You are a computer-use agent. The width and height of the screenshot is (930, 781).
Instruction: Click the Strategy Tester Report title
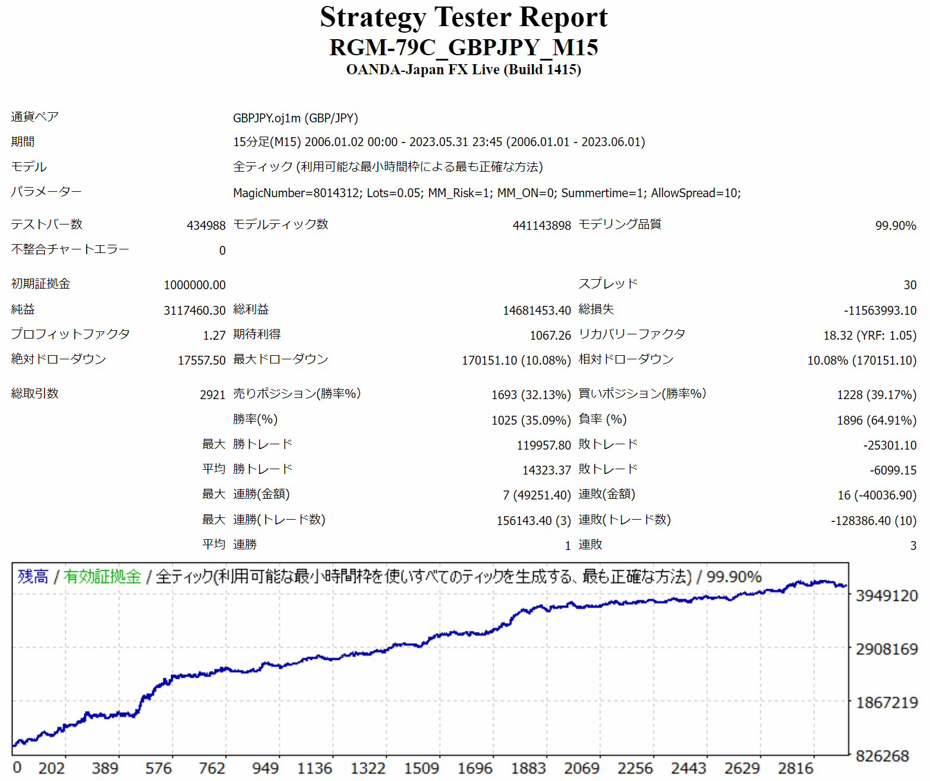tap(464, 17)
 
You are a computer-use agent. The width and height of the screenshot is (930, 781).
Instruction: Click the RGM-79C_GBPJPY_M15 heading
tap(464, 48)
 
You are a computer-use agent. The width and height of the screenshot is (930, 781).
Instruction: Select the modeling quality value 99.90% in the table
tap(895, 226)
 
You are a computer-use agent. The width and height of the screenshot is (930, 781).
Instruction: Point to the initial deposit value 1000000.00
tap(194, 285)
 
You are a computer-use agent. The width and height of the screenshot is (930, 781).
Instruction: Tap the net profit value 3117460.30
tap(194, 311)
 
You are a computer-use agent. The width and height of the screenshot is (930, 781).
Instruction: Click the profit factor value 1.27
tap(214, 336)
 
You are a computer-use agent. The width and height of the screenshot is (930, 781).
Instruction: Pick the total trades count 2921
tap(212, 395)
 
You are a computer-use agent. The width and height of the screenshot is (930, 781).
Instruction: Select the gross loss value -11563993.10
tap(879, 311)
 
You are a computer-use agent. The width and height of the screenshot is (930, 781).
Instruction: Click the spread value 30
tap(909, 285)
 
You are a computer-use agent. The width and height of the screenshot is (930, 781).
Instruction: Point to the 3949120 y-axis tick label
tap(886, 596)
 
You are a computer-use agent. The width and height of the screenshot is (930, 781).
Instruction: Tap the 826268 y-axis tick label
tap(882, 756)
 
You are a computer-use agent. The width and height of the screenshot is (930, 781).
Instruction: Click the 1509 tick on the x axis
tap(421, 769)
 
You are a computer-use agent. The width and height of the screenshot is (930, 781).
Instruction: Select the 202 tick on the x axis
tap(52, 769)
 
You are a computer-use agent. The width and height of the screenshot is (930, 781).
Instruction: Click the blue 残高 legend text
tap(33, 577)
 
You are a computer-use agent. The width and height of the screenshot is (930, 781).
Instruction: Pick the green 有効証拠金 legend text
tap(102, 577)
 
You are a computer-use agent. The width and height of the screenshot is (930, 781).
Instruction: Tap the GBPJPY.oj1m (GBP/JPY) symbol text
tap(295, 118)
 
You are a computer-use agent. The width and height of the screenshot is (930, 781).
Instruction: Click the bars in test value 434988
tap(206, 226)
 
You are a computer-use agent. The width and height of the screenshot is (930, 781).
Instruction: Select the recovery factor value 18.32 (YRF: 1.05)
tap(869, 336)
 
